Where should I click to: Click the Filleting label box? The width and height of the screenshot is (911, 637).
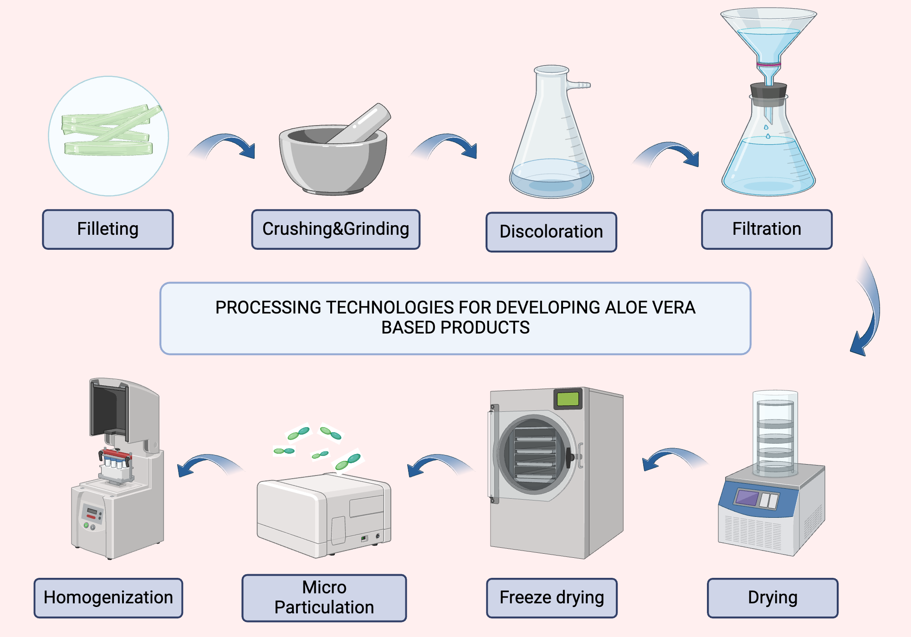tap(108, 229)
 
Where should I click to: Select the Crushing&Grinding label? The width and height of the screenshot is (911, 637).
tap(336, 229)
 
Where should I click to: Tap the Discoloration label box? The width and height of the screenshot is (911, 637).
tap(551, 232)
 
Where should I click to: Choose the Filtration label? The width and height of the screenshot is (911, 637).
tap(767, 229)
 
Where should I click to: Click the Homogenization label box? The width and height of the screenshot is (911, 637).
tap(108, 598)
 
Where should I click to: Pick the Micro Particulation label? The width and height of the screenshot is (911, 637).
tap(324, 598)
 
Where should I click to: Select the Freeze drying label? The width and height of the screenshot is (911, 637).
tap(552, 598)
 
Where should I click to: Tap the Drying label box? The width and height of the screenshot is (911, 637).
tap(773, 598)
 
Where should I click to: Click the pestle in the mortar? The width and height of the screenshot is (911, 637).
tap(364, 123)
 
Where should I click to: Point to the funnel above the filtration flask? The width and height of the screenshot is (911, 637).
tap(768, 36)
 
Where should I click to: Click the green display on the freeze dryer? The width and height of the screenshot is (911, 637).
tap(568, 399)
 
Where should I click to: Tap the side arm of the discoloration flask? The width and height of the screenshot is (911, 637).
tap(579, 85)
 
